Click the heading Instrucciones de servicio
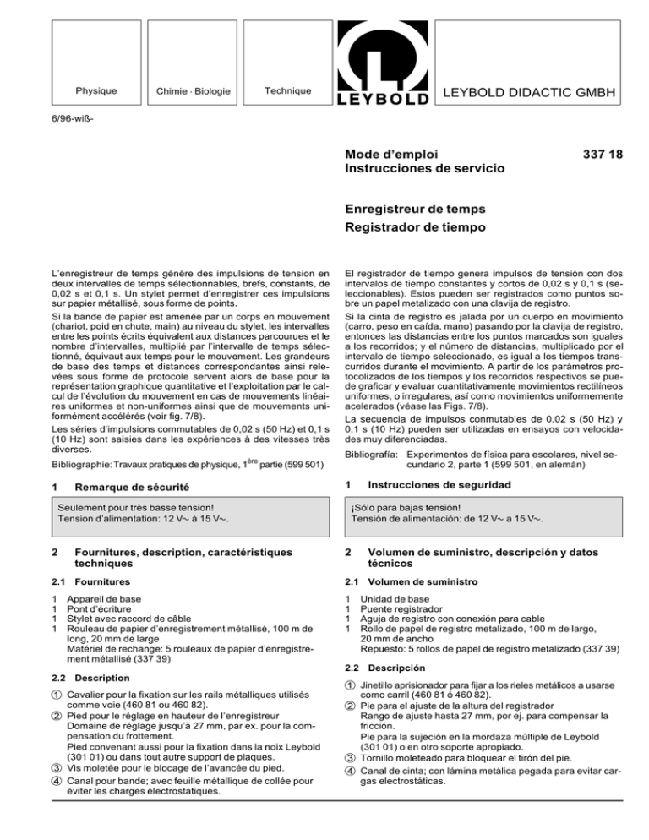(x=424, y=171)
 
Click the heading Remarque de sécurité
(x=133, y=486)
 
